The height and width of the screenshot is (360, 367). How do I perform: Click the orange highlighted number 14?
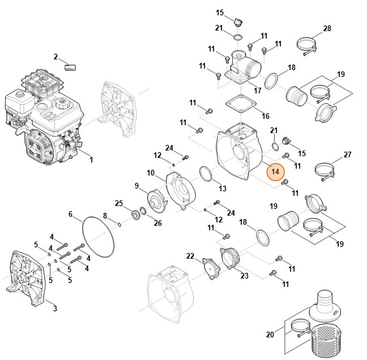(x=275, y=172)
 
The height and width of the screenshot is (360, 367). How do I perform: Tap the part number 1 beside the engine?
(x=92, y=160)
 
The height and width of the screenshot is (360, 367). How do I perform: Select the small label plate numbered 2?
(x=70, y=67)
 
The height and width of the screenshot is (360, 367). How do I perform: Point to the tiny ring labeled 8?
(x=120, y=225)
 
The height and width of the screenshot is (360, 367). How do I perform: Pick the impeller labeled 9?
(x=157, y=202)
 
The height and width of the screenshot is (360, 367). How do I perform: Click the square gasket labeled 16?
(x=241, y=104)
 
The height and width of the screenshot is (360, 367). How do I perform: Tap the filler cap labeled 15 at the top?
(x=238, y=22)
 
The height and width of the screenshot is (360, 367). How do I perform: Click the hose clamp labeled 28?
(x=306, y=46)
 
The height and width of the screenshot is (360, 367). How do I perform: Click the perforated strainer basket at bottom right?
(x=324, y=342)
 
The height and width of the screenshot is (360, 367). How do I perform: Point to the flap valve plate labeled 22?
(x=211, y=268)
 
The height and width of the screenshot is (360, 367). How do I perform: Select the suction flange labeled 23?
(x=229, y=259)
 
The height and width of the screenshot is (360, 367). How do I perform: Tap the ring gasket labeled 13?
(x=206, y=174)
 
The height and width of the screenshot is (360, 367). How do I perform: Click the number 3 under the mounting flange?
(x=55, y=308)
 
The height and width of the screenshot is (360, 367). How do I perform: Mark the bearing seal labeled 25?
(x=135, y=215)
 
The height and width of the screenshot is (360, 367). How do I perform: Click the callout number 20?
(x=270, y=335)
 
